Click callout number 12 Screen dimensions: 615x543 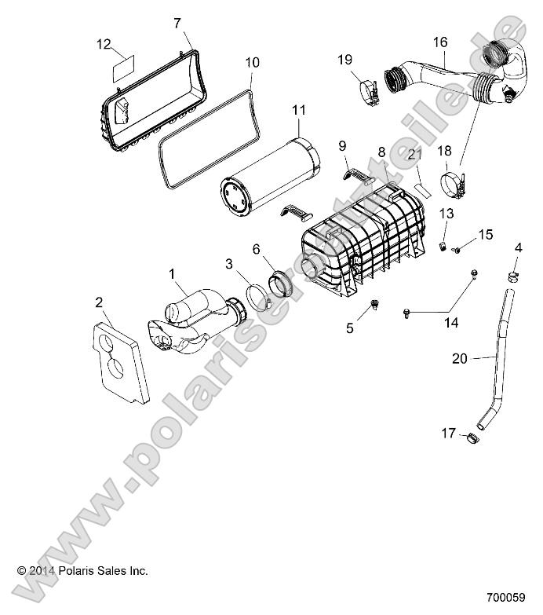104,45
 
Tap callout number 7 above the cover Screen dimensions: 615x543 177,23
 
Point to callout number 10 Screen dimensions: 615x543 251,61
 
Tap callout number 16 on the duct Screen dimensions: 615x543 439,41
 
